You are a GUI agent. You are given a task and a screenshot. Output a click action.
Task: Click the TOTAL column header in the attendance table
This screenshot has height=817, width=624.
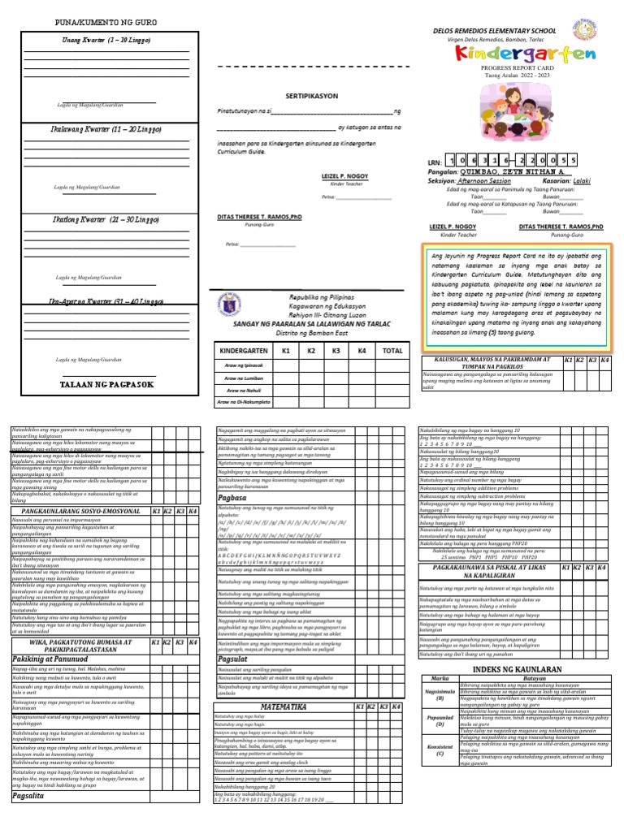click(392, 350)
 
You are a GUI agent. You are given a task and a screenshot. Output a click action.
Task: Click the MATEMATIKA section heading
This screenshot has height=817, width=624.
click(283, 707)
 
